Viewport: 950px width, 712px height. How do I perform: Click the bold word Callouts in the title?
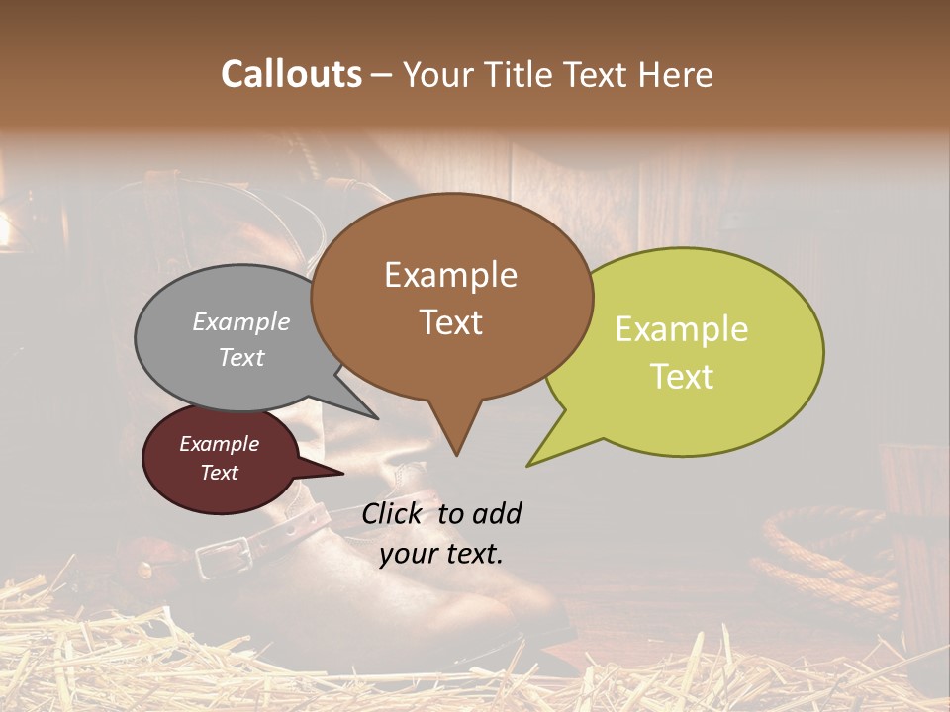(x=291, y=74)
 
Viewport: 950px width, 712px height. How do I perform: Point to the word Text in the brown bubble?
(x=450, y=321)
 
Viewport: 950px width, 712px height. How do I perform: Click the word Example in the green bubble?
(x=682, y=329)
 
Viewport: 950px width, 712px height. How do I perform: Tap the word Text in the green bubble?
(x=682, y=377)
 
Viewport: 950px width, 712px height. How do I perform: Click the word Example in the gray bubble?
(x=241, y=321)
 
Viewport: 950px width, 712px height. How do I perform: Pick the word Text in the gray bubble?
(x=241, y=357)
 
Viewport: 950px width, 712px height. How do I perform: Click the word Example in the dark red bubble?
(x=220, y=444)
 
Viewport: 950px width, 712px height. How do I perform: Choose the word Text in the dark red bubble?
(x=220, y=473)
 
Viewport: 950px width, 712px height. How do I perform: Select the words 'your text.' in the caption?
(x=441, y=554)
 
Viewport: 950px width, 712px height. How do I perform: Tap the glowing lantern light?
(x=5, y=229)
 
